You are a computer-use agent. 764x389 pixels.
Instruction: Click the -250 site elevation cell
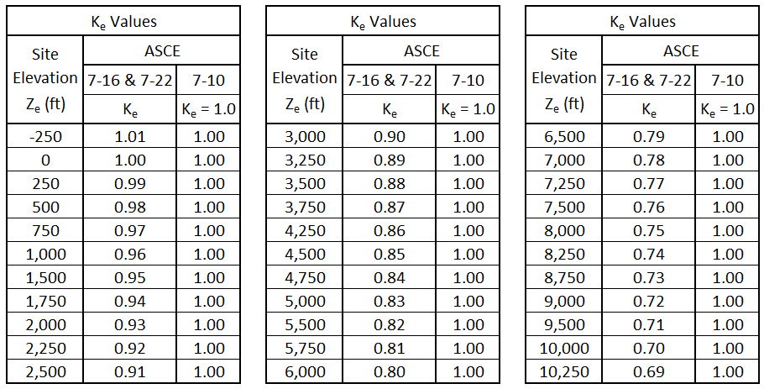(45, 137)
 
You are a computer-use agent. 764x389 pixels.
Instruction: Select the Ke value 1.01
(130, 137)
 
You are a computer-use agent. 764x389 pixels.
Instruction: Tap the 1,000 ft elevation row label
(45, 255)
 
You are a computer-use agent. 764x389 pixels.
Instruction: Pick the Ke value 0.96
(130, 255)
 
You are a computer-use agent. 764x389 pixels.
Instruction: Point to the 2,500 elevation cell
(45, 372)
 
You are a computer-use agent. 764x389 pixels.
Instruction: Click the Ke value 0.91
(130, 372)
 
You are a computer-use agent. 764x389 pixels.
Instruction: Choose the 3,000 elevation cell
(305, 137)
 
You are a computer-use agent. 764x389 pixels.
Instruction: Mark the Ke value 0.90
(390, 137)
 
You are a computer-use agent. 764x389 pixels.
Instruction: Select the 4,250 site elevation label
(305, 231)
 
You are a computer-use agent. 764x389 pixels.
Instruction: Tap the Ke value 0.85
(390, 255)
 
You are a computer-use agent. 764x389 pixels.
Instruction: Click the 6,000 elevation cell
(305, 372)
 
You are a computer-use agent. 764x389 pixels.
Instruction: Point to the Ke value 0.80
(390, 372)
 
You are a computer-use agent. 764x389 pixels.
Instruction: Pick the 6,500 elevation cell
(564, 137)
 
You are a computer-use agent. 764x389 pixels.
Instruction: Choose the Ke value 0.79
(649, 137)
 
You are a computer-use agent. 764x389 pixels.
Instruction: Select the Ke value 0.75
(649, 231)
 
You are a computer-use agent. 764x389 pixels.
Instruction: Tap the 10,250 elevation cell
(564, 372)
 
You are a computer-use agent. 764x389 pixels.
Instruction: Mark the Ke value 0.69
(649, 372)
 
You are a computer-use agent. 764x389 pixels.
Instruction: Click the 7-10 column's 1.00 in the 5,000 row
(468, 302)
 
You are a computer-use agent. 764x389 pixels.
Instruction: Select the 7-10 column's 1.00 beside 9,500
(727, 325)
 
